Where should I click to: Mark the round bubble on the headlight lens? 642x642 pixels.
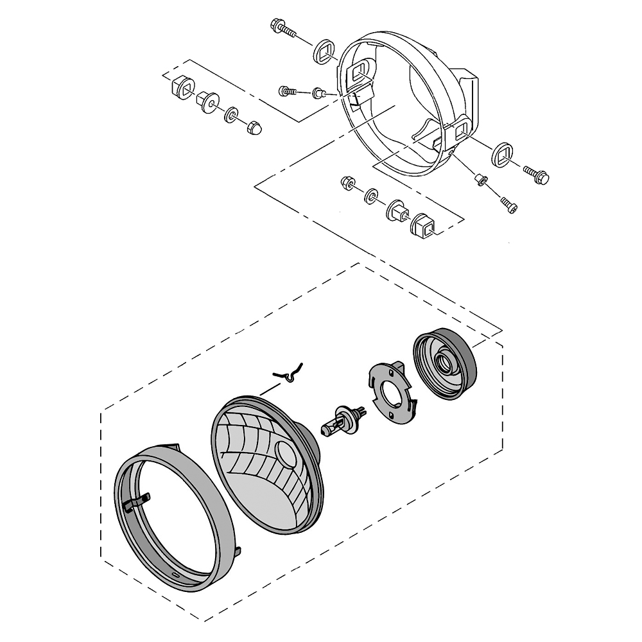click(284, 455)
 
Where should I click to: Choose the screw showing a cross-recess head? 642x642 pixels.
click(286, 92)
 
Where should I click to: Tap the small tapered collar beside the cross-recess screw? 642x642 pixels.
click(317, 94)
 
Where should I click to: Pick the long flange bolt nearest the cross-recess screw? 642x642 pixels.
click(282, 28)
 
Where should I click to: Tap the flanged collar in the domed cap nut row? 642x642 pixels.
click(207, 101)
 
